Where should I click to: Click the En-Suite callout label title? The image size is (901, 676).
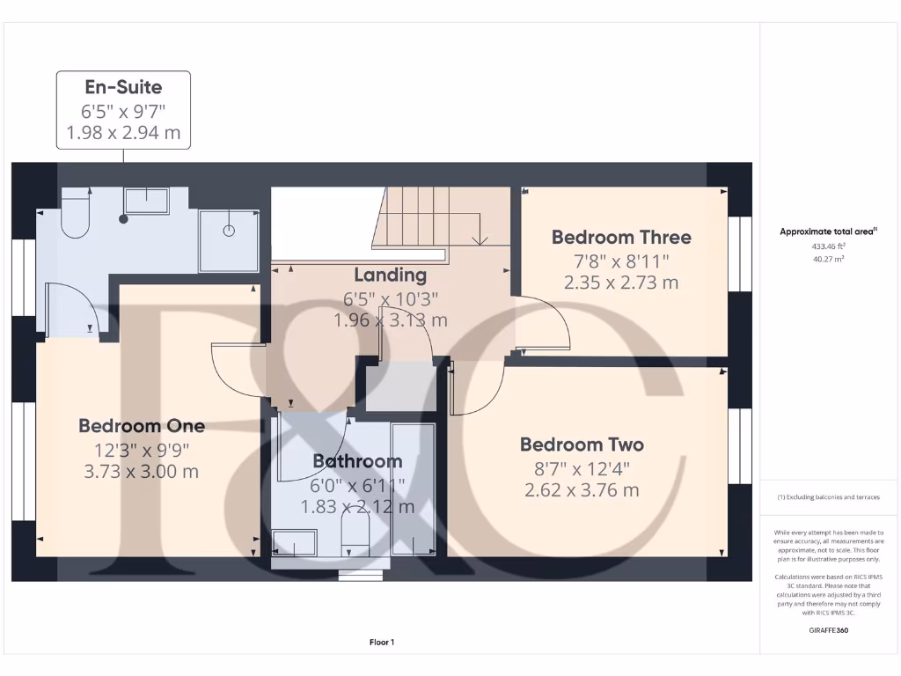coord(123,87)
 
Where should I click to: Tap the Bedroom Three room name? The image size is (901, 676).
coord(621,237)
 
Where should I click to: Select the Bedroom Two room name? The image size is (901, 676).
coord(582,445)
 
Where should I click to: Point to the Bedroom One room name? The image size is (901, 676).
coord(142,426)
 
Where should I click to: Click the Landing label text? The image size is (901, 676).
coord(390,276)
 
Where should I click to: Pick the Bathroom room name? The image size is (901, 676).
coord(357,461)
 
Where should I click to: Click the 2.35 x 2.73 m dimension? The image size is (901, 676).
coord(621,283)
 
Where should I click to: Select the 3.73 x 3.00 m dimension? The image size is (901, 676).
coord(142,471)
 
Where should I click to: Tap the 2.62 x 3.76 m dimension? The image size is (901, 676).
coord(582,490)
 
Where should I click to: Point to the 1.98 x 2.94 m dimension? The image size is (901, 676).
coord(123,133)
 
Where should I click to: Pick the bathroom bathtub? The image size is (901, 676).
coord(412,489)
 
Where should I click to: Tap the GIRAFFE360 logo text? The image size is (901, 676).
coord(828,630)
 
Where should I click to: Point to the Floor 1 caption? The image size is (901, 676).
coord(382,643)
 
